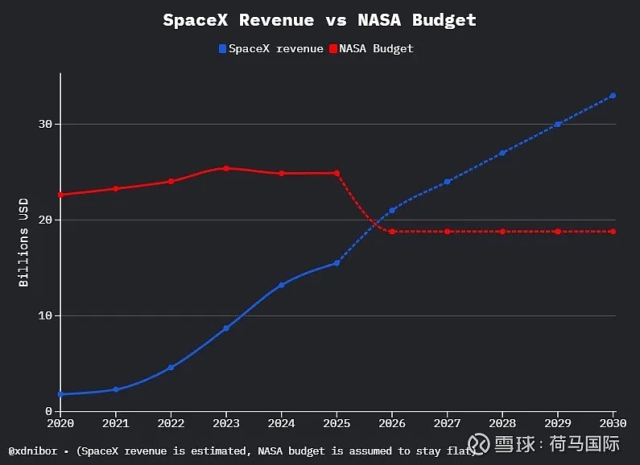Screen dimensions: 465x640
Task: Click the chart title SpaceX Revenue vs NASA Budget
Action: (x=320, y=20)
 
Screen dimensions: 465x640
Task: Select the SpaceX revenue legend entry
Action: (x=271, y=48)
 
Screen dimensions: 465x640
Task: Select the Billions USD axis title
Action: (x=23, y=242)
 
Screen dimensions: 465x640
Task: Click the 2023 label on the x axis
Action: (x=226, y=423)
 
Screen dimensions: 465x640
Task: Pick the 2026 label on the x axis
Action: (x=392, y=423)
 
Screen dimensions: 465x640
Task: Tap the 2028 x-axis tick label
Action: (x=502, y=423)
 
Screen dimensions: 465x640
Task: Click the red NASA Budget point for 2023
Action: (x=226, y=168)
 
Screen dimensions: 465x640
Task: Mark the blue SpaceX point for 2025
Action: (x=337, y=263)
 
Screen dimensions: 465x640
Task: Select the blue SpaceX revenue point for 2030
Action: (x=613, y=96)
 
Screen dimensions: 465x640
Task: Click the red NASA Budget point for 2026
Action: (x=392, y=232)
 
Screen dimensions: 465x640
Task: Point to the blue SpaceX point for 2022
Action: (x=171, y=368)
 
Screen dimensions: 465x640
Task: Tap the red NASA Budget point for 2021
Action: (x=116, y=189)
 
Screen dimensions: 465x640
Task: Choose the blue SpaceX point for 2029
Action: (x=558, y=125)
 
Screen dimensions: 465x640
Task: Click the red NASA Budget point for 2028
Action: (x=502, y=232)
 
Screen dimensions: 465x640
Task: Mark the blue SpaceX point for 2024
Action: (x=281, y=285)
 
